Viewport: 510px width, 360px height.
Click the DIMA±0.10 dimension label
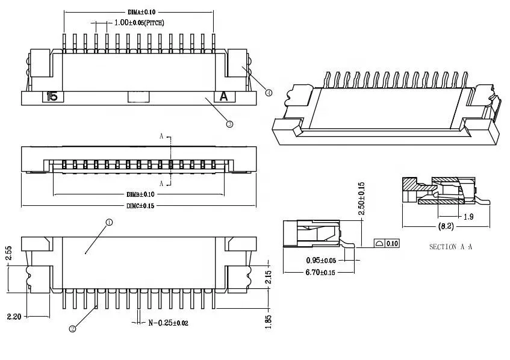pos(142,11)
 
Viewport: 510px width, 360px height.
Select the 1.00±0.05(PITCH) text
pos(139,23)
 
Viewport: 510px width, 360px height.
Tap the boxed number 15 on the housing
pos(52,96)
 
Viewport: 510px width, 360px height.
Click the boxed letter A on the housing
pos(223,96)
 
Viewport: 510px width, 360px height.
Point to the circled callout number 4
pos(269,93)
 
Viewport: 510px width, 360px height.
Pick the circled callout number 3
pos(229,124)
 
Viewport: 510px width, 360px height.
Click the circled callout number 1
pos(109,222)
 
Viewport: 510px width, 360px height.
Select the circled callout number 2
pos(72,329)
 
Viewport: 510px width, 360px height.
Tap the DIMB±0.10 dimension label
pos(140,194)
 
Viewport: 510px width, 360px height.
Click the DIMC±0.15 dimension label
pos(140,206)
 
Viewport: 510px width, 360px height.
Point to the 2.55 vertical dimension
pos(8,253)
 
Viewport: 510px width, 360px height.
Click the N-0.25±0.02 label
pos(168,323)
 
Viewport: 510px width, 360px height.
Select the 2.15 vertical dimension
pos(268,278)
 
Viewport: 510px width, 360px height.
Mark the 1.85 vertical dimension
pos(268,321)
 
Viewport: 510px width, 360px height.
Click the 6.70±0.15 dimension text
pos(320,273)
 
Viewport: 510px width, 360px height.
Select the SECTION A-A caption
pos(450,247)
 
